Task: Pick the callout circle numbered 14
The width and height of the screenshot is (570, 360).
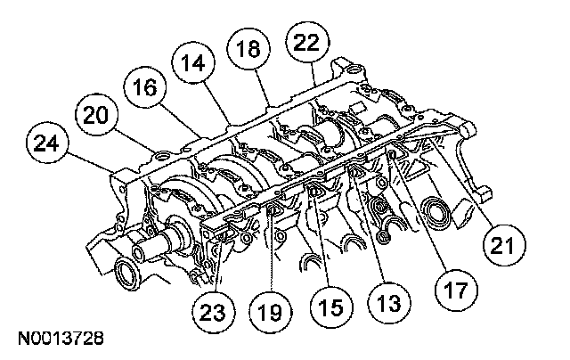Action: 193,64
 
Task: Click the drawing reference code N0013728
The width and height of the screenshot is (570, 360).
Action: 58,340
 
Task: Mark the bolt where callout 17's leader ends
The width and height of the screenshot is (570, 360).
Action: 391,158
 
